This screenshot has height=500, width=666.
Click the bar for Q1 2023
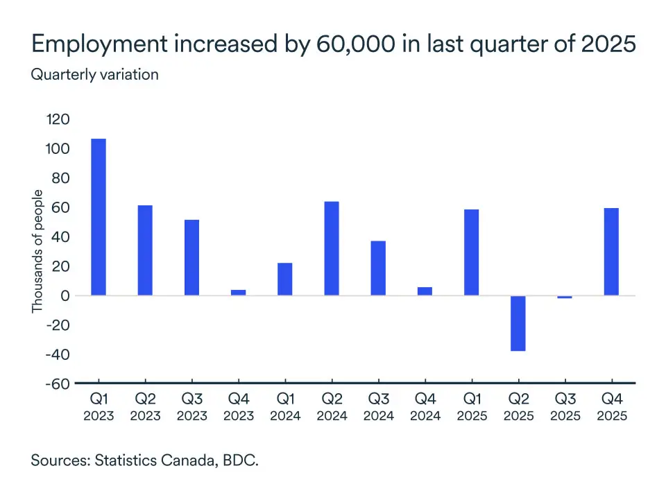pyautogui.click(x=99, y=217)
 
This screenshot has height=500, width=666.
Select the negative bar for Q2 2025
pyautogui.click(x=518, y=323)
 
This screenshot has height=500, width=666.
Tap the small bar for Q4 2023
pyautogui.click(x=238, y=293)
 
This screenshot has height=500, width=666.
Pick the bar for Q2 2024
pyautogui.click(x=332, y=248)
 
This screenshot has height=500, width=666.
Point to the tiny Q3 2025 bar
pyautogui.click(x=565, y=297)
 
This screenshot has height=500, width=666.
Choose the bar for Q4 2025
pyautogui.click(x=611, y=252)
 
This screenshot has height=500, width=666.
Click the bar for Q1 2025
pyautogui.click(x=471, y=252)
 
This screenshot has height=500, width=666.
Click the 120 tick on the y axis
pyautogui.click(x=58, y=120)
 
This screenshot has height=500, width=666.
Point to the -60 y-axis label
pyautogui.click(x=56, y=384)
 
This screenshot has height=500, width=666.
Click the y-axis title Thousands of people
pyautogui.click(x=38, y=251)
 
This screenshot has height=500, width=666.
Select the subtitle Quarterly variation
pyautogui.click(x=94, y=74)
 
